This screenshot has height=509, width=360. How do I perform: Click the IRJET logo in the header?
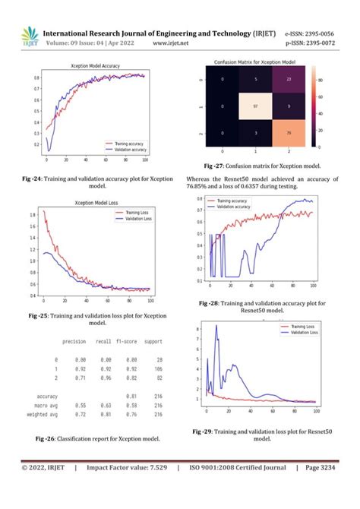click(x=28, y=36)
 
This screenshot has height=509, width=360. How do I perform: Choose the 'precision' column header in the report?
click(x=74, y=341)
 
